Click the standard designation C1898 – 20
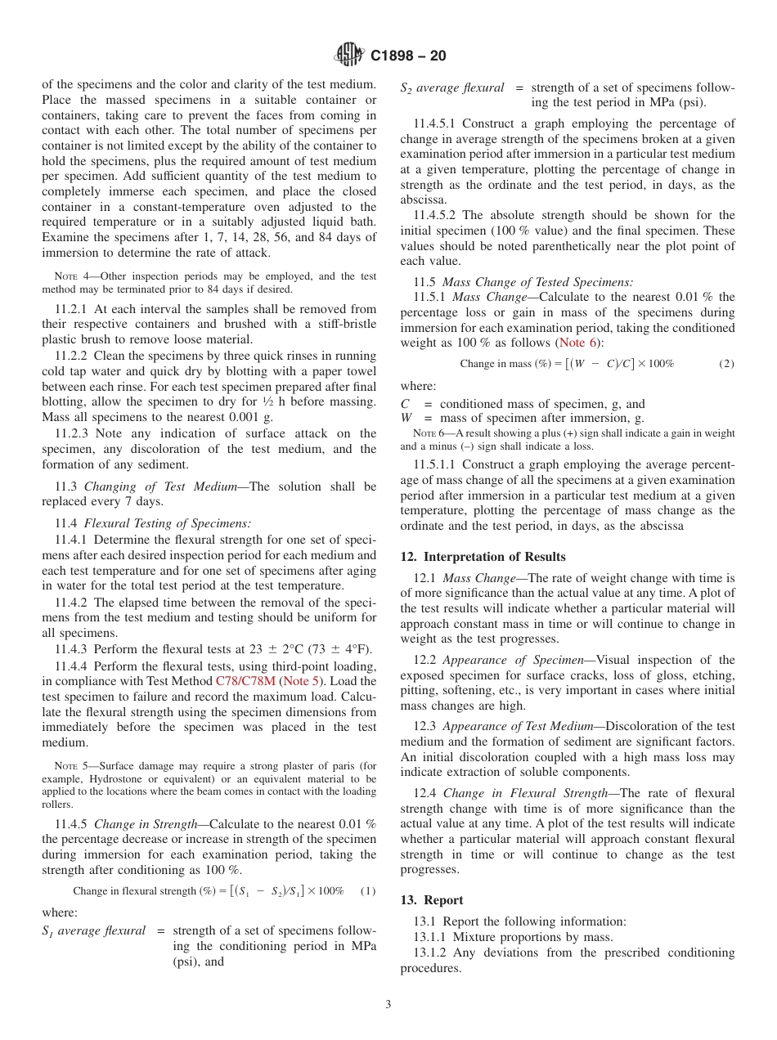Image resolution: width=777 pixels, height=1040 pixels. point(408,56)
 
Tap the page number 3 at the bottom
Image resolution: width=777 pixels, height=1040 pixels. point(388,1005)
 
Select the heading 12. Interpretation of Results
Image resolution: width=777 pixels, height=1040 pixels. point(483,557)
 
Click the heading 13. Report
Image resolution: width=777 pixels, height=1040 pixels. point(431,899)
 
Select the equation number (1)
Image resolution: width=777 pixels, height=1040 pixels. point(367,890)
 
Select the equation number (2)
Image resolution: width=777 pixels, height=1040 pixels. point(726,363)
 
